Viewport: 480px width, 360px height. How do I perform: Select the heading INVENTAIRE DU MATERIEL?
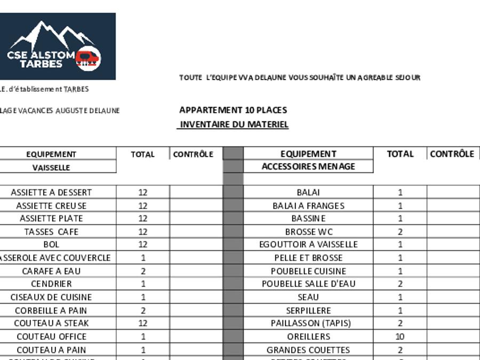tap(234, 125)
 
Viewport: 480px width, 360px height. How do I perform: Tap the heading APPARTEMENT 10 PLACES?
tap(233, 110)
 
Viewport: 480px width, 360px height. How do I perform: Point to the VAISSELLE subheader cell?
tap(51, 167)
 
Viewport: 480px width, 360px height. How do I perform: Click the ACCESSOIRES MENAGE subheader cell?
tap(308, 166)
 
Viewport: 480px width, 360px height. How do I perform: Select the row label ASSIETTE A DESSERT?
tap(51, 193)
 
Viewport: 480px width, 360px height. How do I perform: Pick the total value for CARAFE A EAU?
tap(143, 271)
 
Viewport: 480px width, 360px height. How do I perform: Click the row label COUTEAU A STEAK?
tap(51, 323)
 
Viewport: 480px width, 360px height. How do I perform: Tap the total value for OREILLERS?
tap(400, 337)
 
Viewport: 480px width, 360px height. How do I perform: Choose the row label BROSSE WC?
tap(308, 232)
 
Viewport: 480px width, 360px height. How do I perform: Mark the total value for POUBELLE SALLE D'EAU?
tap(400, 284)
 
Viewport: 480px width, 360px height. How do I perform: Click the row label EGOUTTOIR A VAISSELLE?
tap(308, 245)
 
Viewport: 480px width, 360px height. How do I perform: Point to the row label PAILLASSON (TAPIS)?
tap(308, 323)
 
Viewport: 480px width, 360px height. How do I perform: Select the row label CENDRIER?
tap(51, 284)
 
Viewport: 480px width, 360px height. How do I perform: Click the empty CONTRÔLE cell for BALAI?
tap(453, 193)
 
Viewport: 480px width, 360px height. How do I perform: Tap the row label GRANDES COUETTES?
tap(308, 350)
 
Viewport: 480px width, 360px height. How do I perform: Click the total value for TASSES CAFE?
tap(143, 232)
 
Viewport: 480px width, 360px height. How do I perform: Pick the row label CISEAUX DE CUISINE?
tap(51, 297)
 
